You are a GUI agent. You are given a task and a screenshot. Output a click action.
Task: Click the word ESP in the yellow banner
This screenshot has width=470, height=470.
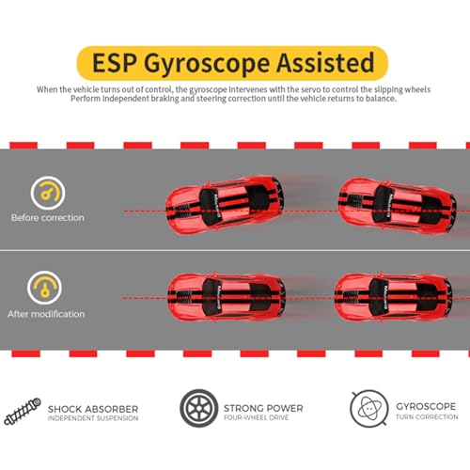(x=115, y=63)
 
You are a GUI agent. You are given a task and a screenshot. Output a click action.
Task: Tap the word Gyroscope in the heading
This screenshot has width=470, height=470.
(x=207, y=65)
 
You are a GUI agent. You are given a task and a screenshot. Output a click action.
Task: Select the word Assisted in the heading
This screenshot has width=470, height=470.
(x=325, y=62)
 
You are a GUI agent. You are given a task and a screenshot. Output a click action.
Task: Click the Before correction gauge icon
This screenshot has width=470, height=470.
(x=48, y=193)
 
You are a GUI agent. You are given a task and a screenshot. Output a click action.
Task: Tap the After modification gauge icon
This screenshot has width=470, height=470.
(x=44, y=288)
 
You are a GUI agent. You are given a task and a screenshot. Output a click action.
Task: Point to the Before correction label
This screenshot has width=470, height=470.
(x=48, y=217)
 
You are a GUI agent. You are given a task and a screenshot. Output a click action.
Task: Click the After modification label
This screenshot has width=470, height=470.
(x=46, y=314)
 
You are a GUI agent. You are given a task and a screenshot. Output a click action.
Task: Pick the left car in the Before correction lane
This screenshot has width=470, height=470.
(x=225, y=205)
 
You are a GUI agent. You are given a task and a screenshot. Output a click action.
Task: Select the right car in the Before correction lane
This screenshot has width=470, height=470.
(x=398, y=206)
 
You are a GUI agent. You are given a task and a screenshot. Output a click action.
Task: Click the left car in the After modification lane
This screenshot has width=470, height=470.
(x=227, y=297)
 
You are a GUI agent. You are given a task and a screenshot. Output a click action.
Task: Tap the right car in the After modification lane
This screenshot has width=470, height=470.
(x=393, y=297)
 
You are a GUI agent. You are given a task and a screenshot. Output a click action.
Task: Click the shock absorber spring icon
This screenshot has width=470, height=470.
(x=23, y=412)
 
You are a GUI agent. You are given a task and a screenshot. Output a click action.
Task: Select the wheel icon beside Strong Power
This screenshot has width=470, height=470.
(x=198, y=408)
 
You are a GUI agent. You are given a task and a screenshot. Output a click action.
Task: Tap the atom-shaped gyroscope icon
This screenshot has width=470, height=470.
(x=369, y=408)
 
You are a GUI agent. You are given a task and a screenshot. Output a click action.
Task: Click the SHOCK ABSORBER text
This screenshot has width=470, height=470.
(x=93, y=409)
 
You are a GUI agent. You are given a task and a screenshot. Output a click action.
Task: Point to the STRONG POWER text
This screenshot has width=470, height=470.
(x=263, y=408)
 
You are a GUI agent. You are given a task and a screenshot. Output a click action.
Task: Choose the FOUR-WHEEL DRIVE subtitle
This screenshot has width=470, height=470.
(x=256, y=417)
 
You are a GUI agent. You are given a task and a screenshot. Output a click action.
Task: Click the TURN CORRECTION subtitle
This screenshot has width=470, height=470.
(x=427, y=416)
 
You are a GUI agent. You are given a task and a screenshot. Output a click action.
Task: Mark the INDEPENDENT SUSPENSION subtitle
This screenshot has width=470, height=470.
(x=93, y=418)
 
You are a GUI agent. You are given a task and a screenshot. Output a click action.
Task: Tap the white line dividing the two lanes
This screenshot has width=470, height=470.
(x=235, y=250)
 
